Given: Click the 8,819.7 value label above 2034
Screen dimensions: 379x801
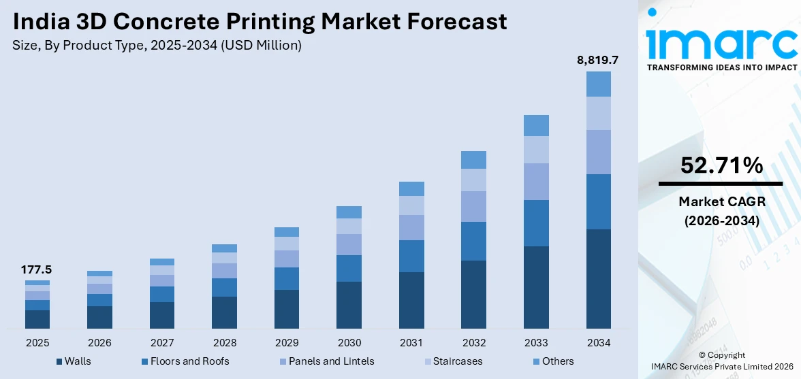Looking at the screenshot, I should point(597,61).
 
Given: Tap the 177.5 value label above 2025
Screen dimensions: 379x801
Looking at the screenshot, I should point(37,270).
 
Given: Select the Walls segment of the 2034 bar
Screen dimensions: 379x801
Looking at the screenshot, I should point(598,279).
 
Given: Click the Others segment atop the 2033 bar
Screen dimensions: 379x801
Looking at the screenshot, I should point(536,125).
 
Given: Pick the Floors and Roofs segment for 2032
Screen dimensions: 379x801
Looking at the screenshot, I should point(473,241).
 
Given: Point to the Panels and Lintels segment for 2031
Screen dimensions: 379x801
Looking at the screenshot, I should point(411,227).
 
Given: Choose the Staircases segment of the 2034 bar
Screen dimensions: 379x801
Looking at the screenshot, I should point(598,113).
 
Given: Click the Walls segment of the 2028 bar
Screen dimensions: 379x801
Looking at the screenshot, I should point(224,312).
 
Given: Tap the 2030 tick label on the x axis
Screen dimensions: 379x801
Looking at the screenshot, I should point(349,342).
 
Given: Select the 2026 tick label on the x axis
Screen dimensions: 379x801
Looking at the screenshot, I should point(99,342).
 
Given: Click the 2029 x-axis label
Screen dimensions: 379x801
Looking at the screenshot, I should point(287,342).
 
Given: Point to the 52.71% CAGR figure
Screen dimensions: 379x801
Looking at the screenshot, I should point(721,165).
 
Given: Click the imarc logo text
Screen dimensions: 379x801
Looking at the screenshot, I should point(721,42).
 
